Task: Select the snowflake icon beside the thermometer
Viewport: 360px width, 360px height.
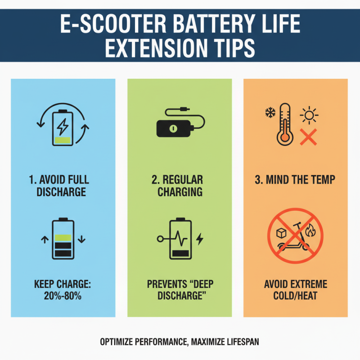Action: click(x=270, y=112)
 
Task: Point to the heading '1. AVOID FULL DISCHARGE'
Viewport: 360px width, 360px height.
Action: click(x=62, y=185)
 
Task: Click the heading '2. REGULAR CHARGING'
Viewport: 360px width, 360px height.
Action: click(x=179, y=185)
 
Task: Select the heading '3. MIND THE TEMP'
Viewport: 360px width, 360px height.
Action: click(x=295, y=180)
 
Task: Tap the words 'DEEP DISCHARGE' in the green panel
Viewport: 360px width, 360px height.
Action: click(x=180, y=290)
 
